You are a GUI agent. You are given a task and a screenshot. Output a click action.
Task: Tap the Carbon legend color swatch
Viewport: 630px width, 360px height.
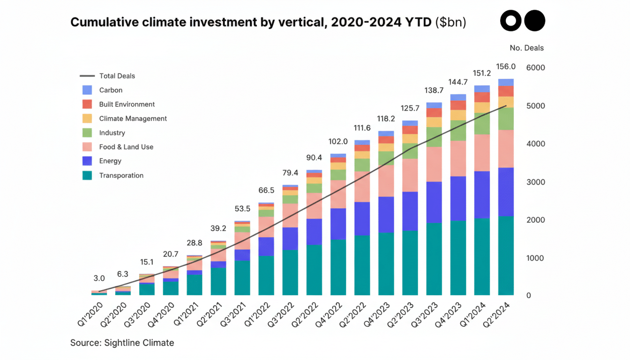coord(87,90)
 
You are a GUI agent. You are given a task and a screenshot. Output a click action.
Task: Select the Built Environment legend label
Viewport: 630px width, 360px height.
coord(127,105)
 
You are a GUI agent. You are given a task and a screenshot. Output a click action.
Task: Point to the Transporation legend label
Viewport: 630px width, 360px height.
coord(121,175)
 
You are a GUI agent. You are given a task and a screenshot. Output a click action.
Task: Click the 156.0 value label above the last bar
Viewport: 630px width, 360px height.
coord(506,67)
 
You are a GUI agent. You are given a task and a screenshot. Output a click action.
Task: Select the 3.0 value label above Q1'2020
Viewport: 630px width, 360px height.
coord(99,278)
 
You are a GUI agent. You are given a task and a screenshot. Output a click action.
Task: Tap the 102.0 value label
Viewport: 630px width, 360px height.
coord(338,142)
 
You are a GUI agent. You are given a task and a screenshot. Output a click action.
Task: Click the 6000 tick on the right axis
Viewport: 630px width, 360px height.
coord(535,67)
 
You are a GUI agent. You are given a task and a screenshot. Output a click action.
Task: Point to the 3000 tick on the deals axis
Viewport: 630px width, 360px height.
coord(535,182)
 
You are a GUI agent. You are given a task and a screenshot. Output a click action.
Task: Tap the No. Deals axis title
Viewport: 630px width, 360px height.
coord(526,48)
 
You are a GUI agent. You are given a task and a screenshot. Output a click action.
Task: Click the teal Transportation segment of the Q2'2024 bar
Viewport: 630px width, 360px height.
coord(506,255)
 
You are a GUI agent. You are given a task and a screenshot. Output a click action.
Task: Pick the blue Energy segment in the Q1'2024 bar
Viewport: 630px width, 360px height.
coord(482,195)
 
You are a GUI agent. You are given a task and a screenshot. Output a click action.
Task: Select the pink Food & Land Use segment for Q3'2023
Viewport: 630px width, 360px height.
coord(434,164)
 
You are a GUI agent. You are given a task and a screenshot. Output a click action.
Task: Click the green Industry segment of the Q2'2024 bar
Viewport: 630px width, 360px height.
coord(506,119)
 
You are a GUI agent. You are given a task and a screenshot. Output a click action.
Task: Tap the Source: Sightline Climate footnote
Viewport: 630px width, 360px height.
coord(122,343)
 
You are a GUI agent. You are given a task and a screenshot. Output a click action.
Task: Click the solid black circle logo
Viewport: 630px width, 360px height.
coord(534,21)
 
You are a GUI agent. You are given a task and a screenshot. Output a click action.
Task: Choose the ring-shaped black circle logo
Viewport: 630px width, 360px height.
coord(511,21)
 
